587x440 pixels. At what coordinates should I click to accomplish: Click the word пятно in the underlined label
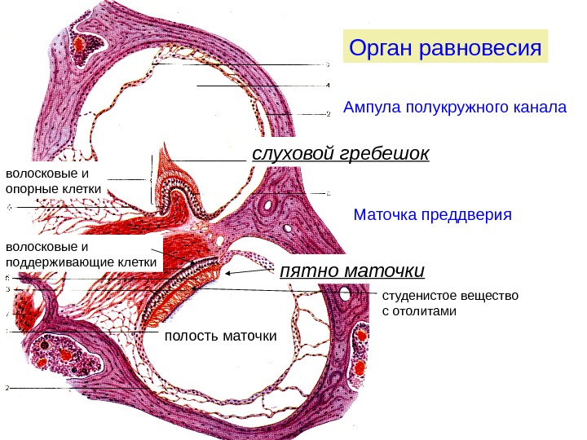coord(307,270)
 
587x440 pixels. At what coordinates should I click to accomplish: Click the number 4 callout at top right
coord(329,86)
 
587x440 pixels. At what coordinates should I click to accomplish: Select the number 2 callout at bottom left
coord(7,388)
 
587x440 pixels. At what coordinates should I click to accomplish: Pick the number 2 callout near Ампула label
coord(329,114)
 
